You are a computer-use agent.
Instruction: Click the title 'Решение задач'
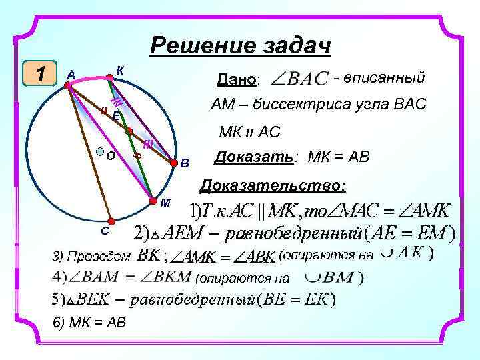(x=241, y=46)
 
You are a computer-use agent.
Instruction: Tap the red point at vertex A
(x=68, y=85)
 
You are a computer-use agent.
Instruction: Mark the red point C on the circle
(x=112, y=221)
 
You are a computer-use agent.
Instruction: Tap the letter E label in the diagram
(x=116, y=115)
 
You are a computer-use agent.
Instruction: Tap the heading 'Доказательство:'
(x=274, y=185)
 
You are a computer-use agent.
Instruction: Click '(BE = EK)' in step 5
(x=301, y=300)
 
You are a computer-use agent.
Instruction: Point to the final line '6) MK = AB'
(x=89, y=323)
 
